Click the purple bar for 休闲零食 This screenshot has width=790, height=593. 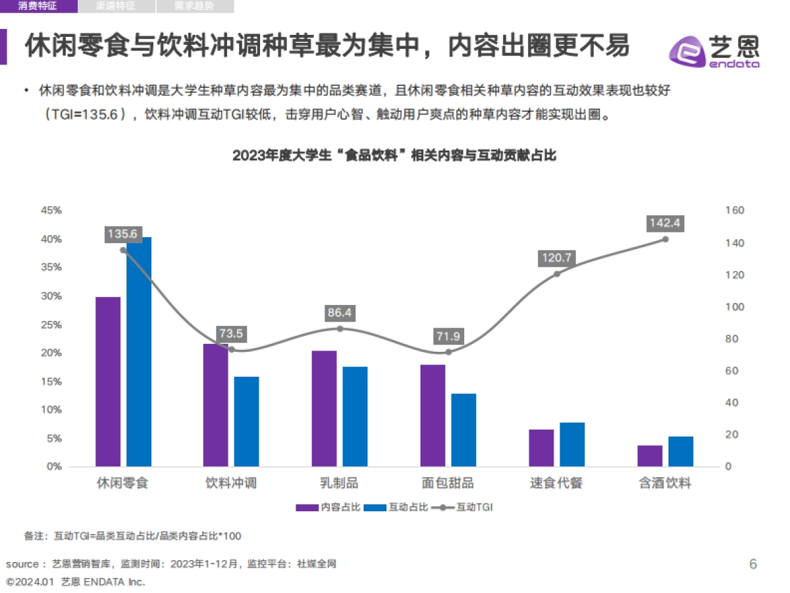pyautogui.click(x=108, y=381)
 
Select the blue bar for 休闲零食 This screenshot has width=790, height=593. pyautogui.click(x=139, y=352)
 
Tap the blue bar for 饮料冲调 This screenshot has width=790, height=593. pyautogui.click(x=247, y=422)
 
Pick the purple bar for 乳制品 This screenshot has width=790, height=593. pyautogui.click(x=324, y=409)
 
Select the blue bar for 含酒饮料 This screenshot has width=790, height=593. pyautogui.click(x=681, y=451)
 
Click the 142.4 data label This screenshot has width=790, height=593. pyautogui.click(x=664, y=223)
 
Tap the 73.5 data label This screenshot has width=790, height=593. pyautogui.click(x=231, y=334)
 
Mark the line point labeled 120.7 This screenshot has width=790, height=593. pyautogui.click(x=556, y=273)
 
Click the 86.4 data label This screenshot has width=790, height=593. pyautogui.click(x=340, y=313)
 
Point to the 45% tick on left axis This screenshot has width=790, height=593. pyautogui.click(x=51, y=210)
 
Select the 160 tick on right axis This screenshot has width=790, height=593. pyautogui.click(x=735, y=210)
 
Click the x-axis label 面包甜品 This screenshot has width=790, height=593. pyautogui.click(x=448, y=483)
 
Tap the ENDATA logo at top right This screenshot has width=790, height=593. pyautogui.click(x=714, y=51)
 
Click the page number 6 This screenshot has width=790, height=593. pyautogui.click(x=753, y=564)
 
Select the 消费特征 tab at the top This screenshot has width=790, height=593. pyautogui.click(x=38, y=7)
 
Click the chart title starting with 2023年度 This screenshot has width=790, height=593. pyautogui.click(x=394, y=156)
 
